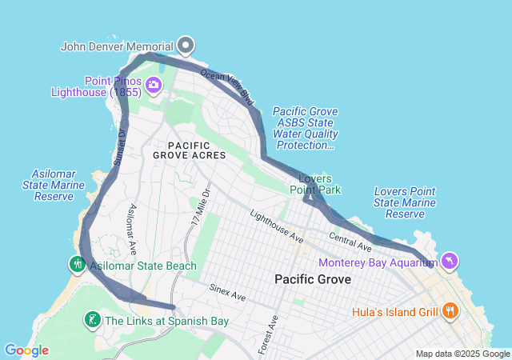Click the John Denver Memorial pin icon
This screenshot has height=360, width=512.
[186, 45]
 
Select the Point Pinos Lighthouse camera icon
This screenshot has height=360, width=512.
[154, 83]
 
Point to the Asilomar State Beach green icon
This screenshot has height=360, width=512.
[77, 264]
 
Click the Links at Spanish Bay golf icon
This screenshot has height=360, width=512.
[92, 321]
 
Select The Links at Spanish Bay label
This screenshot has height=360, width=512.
[166, 322]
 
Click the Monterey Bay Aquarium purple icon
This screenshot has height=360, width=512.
[450, 262]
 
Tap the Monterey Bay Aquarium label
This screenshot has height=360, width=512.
[378, 262]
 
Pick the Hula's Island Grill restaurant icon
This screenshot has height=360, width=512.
[450, 310]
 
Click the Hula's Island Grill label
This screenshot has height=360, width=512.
[392, 310]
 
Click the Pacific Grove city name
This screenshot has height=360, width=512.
[313, 279]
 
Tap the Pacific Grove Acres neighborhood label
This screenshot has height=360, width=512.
[197, 150]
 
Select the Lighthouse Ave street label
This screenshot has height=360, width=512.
[277, 226]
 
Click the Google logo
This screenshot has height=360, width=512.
[26, 350]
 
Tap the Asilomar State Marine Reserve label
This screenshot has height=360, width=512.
[51, 185]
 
